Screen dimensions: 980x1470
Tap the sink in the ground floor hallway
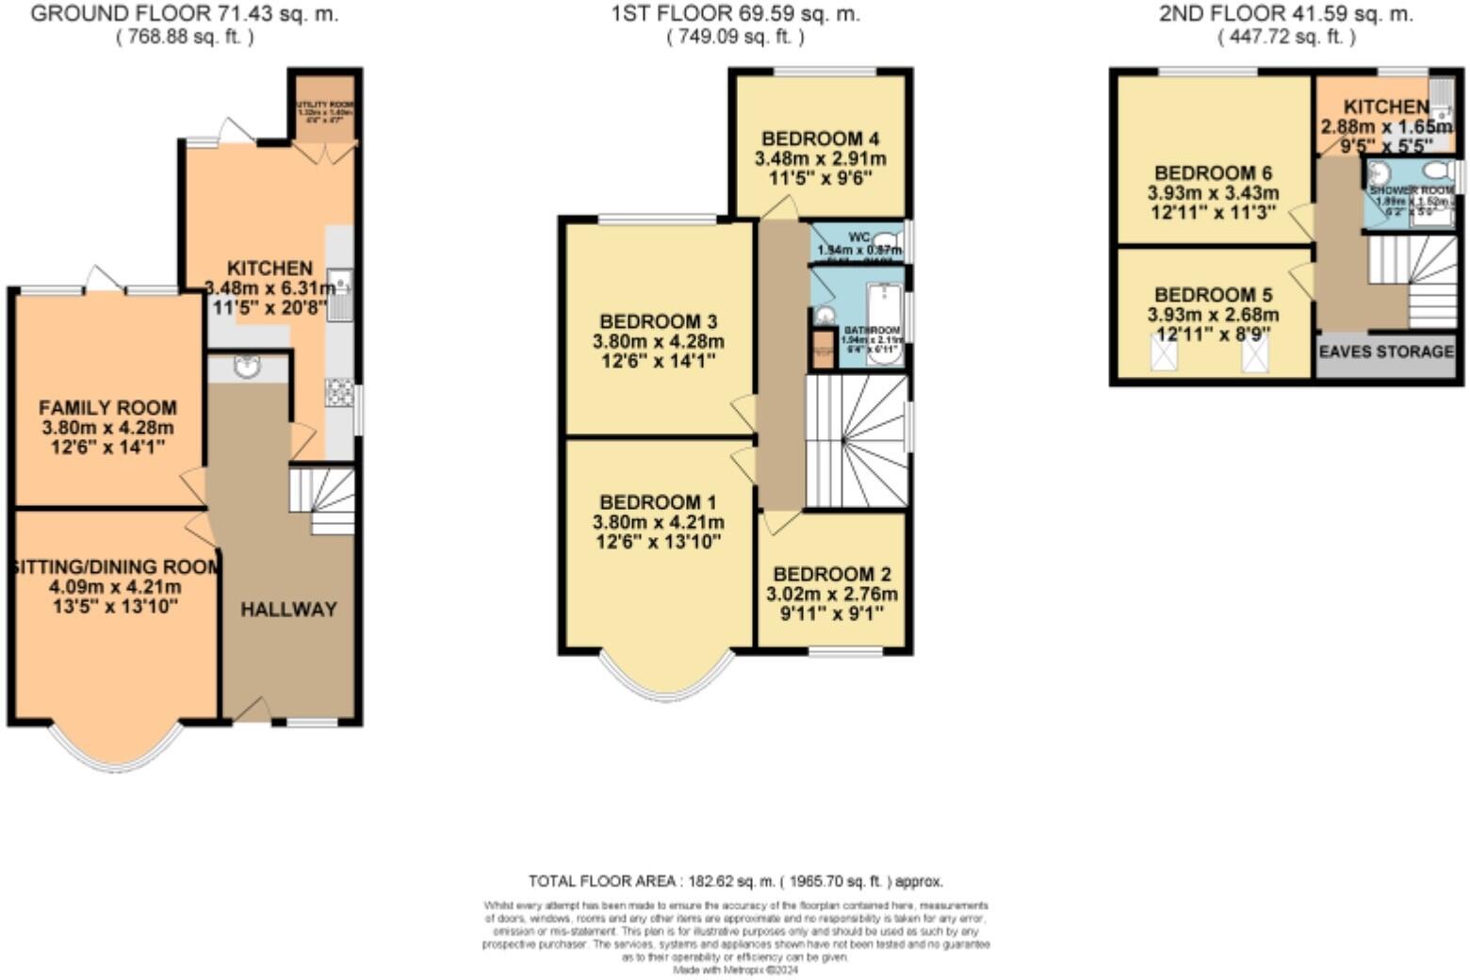pos(247,367)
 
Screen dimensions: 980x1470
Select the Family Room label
pos(107,408)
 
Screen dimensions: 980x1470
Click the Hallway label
pos(288,610)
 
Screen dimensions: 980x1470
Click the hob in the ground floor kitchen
pos(338,393)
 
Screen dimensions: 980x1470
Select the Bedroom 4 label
pos(820,139)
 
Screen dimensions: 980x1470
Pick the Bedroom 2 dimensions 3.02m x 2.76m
pos(831,595)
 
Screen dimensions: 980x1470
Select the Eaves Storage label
pos(1386,351)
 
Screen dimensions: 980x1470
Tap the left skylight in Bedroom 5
pos(1165,354)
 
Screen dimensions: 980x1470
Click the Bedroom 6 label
pos(1213,173)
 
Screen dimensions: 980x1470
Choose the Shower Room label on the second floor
pos(1411,190)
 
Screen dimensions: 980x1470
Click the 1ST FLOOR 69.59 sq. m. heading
pos(735,14)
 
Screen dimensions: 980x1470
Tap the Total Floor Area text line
pos(735,882)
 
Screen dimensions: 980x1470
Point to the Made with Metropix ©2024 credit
pos(735,969)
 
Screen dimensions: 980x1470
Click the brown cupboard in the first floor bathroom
pos(823,349)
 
